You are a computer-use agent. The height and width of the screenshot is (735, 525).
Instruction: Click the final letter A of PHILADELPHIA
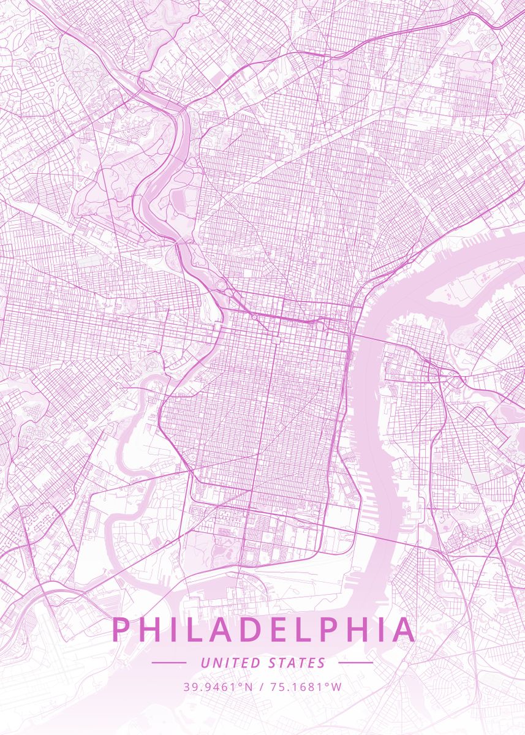(x=402, y=630)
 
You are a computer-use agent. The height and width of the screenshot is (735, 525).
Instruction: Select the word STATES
(x=297, y=663)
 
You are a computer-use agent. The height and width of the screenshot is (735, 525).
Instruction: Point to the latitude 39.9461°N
(x=218, y=687)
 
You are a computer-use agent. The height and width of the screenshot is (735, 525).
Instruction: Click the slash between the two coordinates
(x=262, y=687)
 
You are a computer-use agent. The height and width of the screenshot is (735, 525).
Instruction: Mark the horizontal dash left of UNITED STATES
(x=168, y=663)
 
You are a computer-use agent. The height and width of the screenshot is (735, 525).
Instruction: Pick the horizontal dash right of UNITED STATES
(x=355, y=663)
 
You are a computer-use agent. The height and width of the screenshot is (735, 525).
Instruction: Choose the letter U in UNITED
(x=205, y=663)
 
